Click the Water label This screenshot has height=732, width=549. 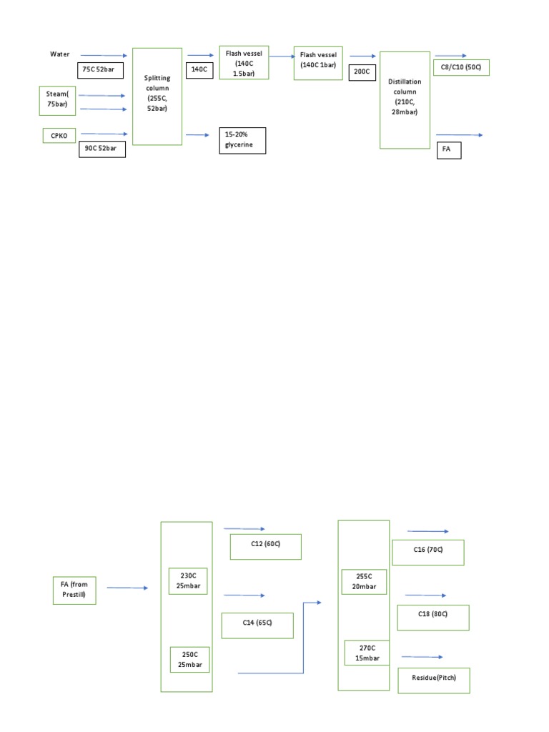pos(58,54)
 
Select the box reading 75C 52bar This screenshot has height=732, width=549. pos(100,70)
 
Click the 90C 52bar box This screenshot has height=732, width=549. pos(102,149)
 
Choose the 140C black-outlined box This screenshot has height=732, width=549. pos(199,70)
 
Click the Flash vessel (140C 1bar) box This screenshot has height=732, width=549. pos(318,64)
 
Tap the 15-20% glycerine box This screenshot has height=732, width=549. pos(242,140)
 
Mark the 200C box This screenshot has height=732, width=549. pos(361,71)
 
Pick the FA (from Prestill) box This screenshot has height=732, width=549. pos(74,590)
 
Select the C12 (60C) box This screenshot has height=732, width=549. pos(266,546)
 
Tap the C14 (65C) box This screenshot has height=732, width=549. pos(257,625)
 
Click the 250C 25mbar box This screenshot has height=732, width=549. pos(189,659)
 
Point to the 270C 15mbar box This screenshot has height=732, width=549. pos(366,652)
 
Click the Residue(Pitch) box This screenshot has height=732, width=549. pos(434,680)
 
